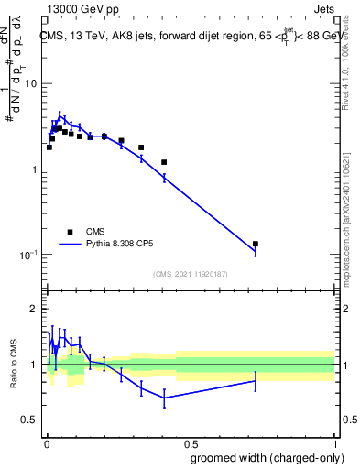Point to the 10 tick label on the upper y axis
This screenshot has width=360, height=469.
(30, 84)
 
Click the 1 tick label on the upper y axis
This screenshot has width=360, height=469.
(34, 169)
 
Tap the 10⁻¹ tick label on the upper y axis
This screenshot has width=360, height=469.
(29, 255)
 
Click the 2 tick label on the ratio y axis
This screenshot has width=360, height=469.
(34, 310)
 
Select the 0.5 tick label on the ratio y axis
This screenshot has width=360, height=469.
(29, 420)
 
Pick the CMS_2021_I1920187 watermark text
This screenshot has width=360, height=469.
(190, 274)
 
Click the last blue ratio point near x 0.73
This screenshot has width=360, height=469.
(255, 380)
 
